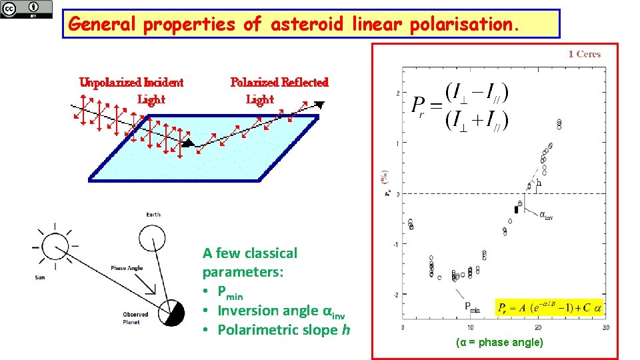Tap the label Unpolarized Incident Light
tap(132, 91)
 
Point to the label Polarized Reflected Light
tap(279, 91)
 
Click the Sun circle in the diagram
tap(55, 245)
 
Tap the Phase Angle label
tap(127, 269)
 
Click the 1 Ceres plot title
tap(585, 55)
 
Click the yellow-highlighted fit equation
tap(549, 308)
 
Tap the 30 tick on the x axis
tap(605, 328)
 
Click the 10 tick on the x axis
tap(470, 328)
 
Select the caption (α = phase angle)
tap(499, 343)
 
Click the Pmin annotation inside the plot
tap(472, 307)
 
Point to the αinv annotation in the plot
tap(545, 215)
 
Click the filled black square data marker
tap(516, 209)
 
